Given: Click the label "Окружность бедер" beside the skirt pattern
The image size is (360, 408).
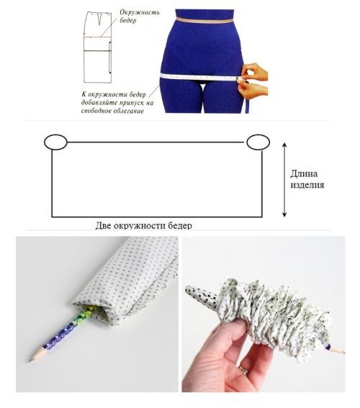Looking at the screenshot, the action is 140,17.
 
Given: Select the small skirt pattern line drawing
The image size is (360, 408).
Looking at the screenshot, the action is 99,47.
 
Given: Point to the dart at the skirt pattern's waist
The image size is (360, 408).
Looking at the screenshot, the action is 99,19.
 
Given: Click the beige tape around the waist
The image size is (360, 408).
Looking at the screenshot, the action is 204,21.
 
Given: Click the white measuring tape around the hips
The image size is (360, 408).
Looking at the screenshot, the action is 200,77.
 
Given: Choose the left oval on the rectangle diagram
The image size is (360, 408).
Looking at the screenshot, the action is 55,142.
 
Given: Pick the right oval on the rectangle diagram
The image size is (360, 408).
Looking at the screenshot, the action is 258,142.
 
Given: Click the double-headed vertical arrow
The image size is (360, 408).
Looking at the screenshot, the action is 284,180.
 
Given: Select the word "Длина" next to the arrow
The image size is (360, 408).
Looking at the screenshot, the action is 304,173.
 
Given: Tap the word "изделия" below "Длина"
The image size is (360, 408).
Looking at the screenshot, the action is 307,185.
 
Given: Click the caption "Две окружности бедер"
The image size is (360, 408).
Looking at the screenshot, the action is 144,225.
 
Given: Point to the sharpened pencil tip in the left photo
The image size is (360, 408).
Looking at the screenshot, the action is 31,360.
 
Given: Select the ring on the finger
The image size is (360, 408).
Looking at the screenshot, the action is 244,370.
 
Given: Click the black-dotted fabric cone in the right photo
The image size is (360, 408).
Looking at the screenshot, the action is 202,295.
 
